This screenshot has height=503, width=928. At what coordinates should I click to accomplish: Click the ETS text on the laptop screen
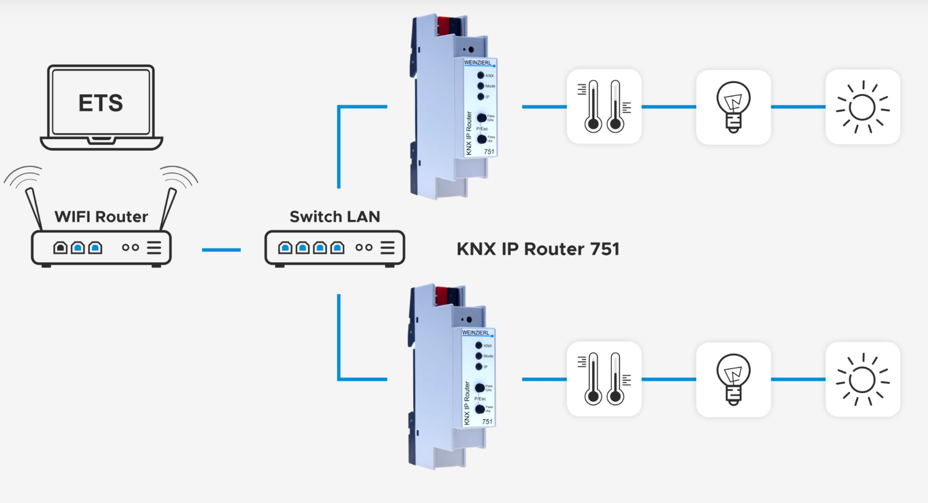point(101,104)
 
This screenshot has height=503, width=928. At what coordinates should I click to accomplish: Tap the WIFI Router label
point(101,217)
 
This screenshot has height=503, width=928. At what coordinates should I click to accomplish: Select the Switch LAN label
point(335,217)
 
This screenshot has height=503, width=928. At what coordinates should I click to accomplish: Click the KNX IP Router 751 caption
point(538,249)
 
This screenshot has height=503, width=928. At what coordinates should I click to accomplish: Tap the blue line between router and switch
point(221,250)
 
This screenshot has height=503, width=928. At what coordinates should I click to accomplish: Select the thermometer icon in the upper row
point(604,106)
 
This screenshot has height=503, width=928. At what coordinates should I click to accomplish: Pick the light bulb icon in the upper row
point(733,107)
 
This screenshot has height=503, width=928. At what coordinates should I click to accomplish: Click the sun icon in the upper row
point(863,107)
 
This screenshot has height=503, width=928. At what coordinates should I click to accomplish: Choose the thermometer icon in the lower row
point(604,379)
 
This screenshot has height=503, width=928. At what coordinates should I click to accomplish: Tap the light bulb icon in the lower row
point(733,379)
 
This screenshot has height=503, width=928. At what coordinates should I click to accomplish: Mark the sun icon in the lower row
point(863,379)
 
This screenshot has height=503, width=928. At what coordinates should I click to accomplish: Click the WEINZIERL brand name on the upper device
point(478,63)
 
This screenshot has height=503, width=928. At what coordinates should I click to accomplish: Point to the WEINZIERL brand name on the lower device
point(476,333)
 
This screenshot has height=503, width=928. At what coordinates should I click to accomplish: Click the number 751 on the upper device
point(489,152)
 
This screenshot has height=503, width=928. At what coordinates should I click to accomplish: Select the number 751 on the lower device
point(487,422)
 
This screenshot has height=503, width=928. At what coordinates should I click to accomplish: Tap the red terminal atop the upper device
point(443,25)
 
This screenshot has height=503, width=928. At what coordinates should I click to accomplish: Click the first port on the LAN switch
point(285,248)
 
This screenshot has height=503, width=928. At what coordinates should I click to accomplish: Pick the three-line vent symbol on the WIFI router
point(154,248)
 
